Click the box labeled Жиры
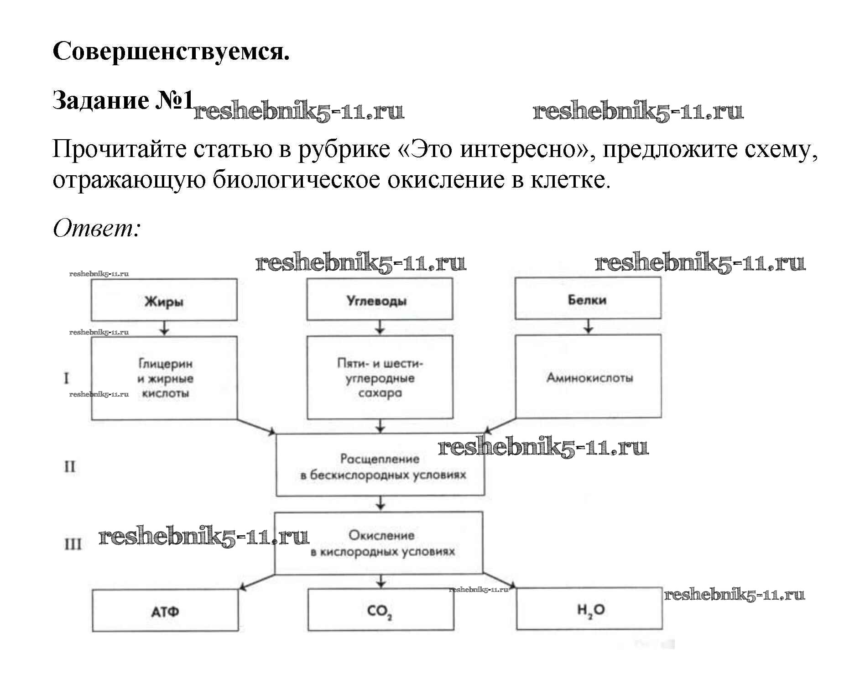164,300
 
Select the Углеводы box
380,299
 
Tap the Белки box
588,299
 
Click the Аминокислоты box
589,376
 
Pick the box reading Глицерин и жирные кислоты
164,378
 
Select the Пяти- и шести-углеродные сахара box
380,377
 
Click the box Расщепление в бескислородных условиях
380,465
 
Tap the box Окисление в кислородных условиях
379,543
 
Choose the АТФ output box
165,611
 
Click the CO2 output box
380,610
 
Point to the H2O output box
589,609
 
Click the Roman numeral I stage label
67,378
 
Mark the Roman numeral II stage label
69,466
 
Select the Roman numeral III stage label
72,544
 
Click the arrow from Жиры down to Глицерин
165,329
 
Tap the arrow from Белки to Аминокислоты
589,327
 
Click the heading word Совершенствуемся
171,51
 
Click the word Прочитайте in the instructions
120,149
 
